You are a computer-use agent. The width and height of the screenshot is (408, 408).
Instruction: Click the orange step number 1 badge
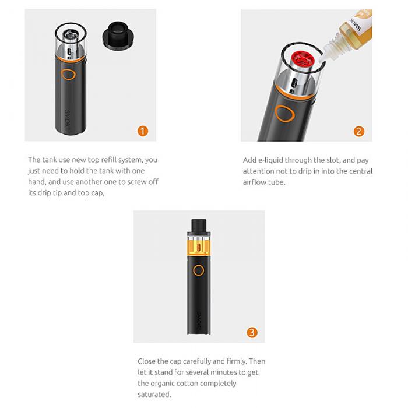tap(142, 131)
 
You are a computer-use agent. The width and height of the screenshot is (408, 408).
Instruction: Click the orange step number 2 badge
tap(359, 131)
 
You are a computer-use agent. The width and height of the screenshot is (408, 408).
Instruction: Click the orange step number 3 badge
tap(251, 333)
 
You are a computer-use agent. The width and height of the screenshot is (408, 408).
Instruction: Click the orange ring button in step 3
tap(199, 270)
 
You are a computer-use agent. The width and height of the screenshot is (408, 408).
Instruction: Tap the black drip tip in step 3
tap(199, 226)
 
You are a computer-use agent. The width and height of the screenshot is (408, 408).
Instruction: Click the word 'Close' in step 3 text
tap(147, 361)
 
